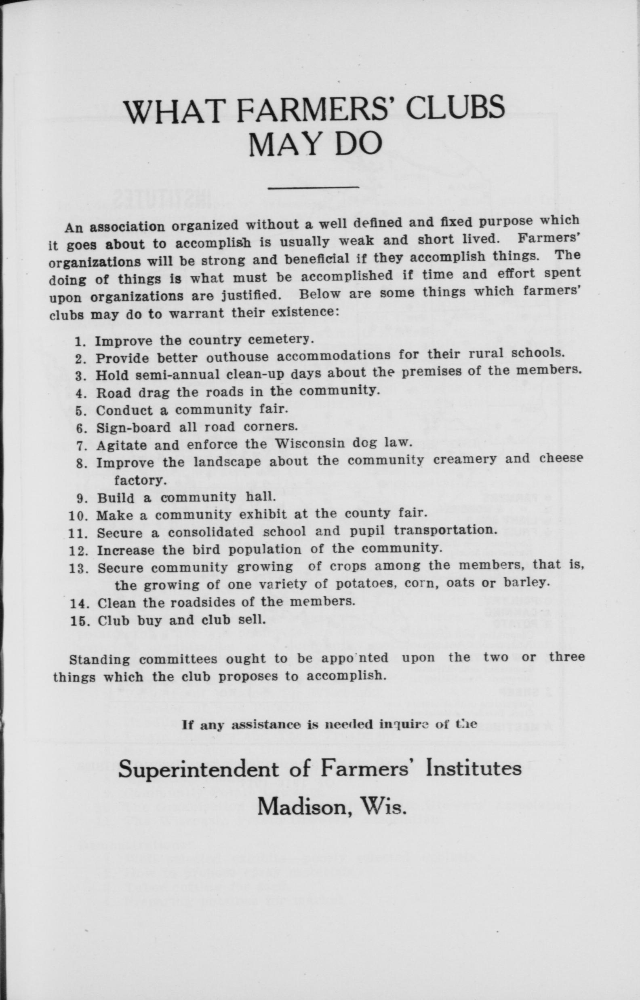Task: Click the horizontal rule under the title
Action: [314, 188]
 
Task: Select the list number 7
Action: [81, 446]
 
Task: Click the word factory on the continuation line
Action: [140, 481]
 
